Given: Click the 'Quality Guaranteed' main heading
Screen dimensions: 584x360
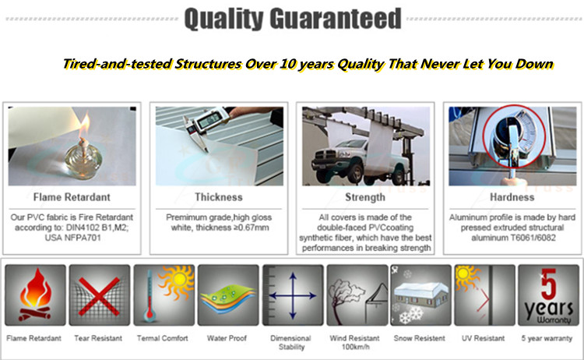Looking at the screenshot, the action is [x=293, y=19].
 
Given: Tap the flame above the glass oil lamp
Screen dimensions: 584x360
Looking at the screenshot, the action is [x=85, y=125].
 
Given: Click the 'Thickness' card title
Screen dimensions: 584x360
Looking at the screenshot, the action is [x=219, y=197].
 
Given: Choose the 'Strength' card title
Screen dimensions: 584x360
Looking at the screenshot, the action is [x=365, y=197].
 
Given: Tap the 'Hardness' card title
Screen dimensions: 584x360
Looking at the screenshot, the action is [x=512, y=197].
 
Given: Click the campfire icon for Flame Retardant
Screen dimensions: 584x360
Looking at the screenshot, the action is [x=35, y=295].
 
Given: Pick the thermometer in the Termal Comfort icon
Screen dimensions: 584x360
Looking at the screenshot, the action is [x=150, y=297].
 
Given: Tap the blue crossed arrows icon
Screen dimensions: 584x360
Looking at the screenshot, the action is [x=293, y=296].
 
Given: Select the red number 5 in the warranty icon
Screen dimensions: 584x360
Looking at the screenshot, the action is [x=548, y=284].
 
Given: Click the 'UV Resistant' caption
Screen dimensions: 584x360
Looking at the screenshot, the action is [x=483, y=338].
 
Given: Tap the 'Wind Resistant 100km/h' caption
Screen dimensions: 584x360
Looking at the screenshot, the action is [x=354, y=343].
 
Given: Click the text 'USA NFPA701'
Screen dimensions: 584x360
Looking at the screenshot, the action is [x=73, y=238].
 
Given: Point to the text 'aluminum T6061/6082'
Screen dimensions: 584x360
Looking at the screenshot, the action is [x=514, y=238].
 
